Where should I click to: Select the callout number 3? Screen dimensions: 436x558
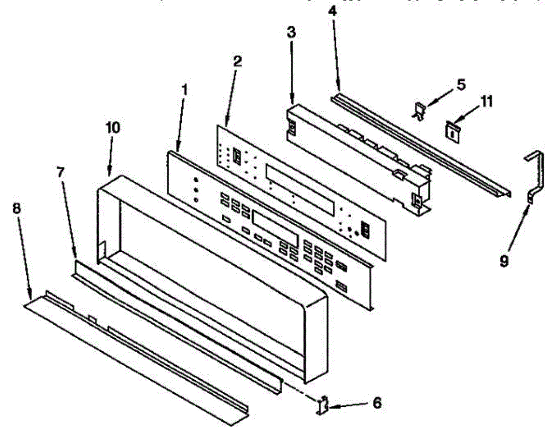coord(291,33)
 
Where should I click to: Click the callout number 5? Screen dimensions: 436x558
coord(460,85)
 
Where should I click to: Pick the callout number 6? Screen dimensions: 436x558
coord(377,402)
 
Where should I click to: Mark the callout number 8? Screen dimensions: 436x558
coord(16,208)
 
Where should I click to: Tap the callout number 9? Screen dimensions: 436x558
coord(504,262)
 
